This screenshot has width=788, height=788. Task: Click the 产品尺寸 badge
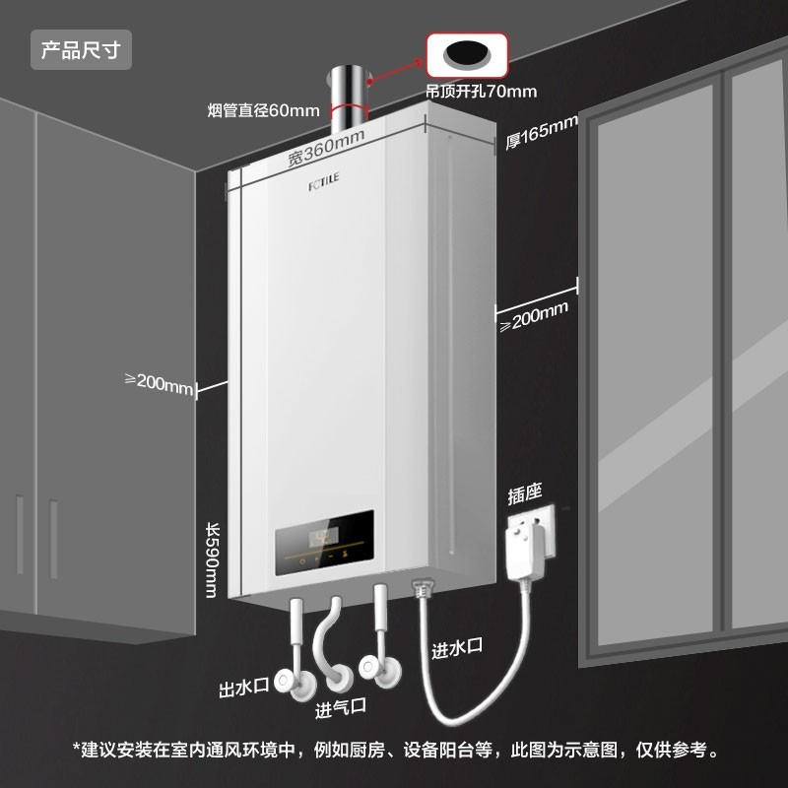tap(81, 49)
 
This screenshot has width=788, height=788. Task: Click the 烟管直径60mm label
tap(264, 108)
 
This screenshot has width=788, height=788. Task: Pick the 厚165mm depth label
tap(541, 133)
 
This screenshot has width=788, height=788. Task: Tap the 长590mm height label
tap(211, 558)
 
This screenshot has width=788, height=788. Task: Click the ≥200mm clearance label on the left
tap(160, 383)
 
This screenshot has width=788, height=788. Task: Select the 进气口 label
tap(341, 707)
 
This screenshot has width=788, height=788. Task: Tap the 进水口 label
tap(457, 648)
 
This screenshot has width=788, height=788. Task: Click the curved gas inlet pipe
tap(326, 645)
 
